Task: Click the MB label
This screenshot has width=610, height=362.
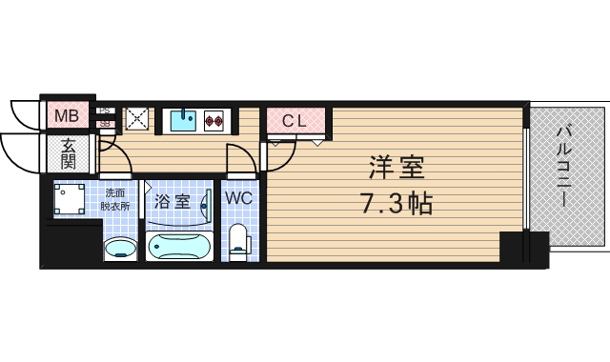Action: [66, 117]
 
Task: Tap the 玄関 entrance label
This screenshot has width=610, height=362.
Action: [70, 152]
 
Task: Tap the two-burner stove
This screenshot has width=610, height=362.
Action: [214, 120]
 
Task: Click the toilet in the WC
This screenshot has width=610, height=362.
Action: [238, 240]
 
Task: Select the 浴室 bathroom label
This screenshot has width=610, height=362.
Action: [173, 202]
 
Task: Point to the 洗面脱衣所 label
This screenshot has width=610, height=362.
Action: [119, 198]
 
